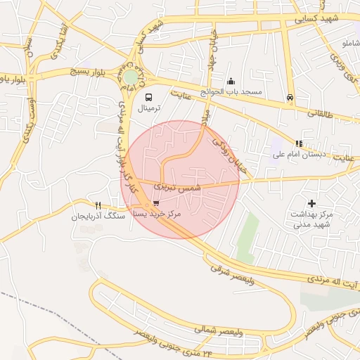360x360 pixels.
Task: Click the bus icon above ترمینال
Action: click(148, 97)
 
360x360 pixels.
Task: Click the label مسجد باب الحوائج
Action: click(231, 92)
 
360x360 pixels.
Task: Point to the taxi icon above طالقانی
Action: click(290, 98)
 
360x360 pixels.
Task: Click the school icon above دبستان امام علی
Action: click(299, 143)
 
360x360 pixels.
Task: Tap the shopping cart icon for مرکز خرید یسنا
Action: click(155, 202)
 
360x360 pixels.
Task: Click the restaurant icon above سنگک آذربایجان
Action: click(98, 205)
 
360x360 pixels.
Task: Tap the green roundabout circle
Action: click(131, 77)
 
